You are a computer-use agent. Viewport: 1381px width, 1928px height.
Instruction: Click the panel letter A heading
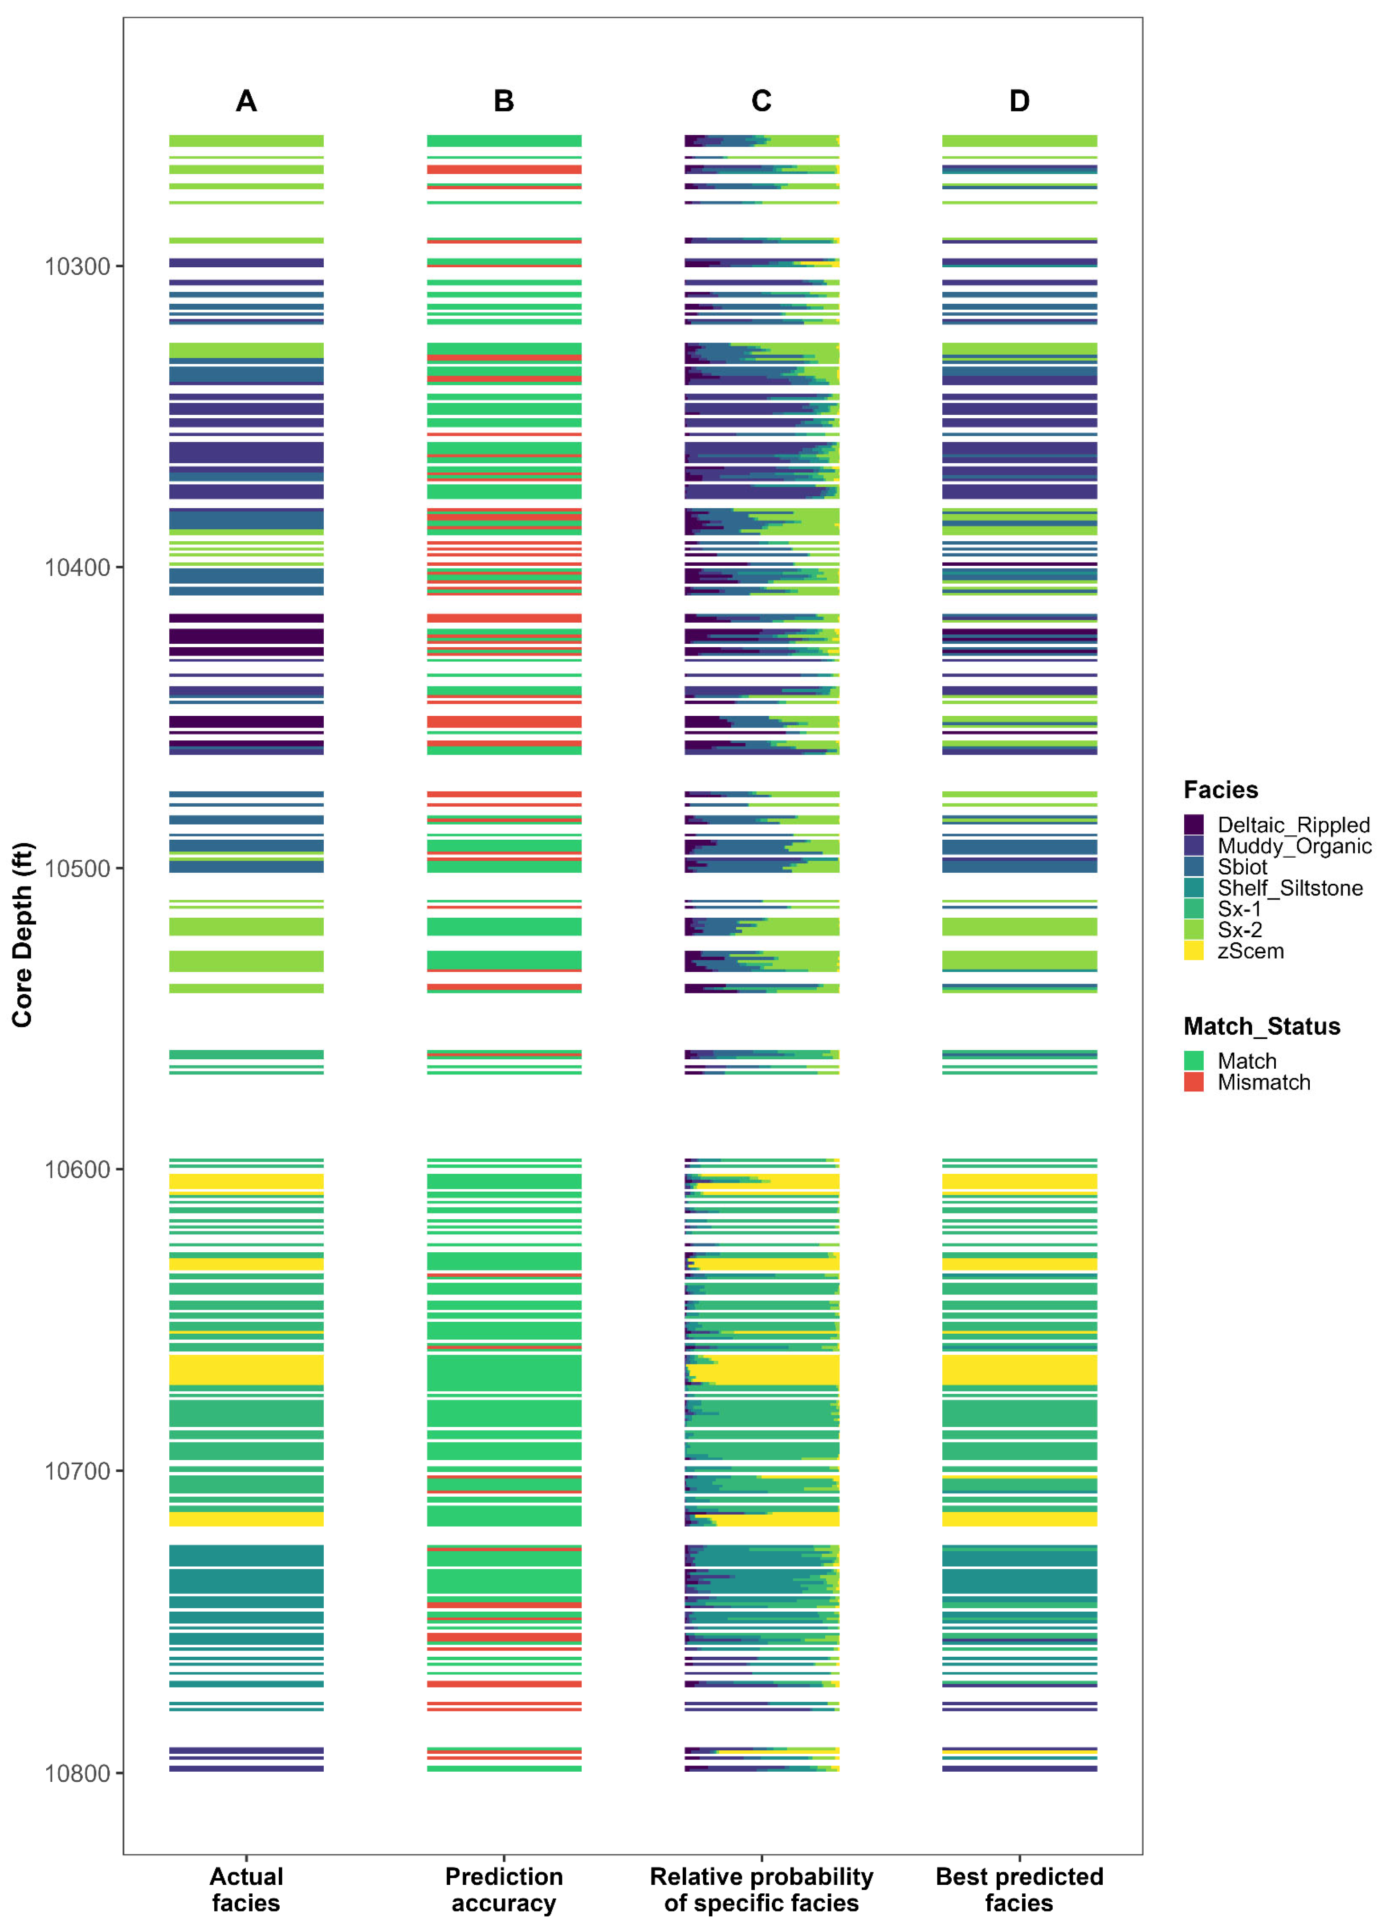click(246, 101)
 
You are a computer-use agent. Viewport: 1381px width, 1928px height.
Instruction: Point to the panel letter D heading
click(1019, 101)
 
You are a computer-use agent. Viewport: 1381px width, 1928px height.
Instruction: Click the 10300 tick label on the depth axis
click(77, 267)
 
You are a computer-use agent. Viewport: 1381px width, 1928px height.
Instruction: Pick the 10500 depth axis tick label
click(77, 869)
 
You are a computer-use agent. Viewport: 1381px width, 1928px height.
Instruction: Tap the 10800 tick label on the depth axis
click(77, 1773)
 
